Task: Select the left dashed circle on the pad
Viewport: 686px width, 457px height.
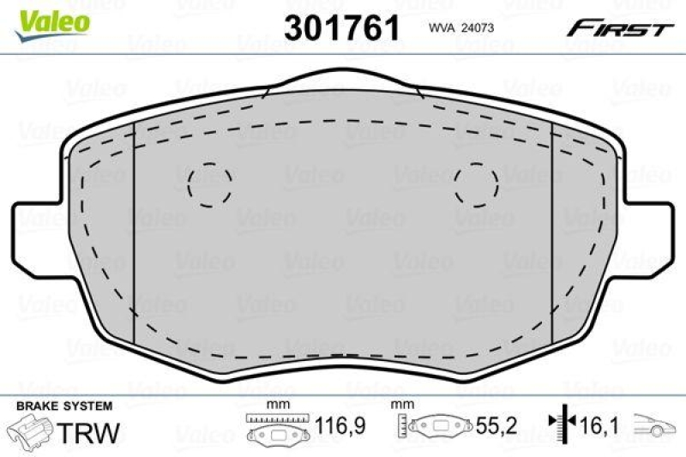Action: pos(210,184)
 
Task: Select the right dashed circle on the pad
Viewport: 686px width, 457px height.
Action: pos(477,184)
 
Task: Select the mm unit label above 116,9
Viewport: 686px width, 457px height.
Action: pos(276,404)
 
